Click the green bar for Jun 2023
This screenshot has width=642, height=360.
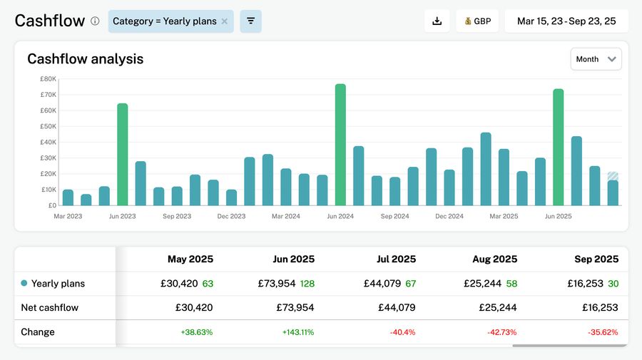pos(123,155)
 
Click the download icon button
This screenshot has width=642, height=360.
pos(437,21)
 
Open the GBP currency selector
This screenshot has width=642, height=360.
pos(477,21)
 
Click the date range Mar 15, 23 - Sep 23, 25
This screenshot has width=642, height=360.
pos(566,21)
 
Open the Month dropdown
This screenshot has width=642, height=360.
pos(596,59)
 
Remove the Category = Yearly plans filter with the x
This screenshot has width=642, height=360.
pos(225,21)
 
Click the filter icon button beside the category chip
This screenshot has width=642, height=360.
pos(250,21)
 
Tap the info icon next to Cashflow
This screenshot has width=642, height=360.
pos(95,21)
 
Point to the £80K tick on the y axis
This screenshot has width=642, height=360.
pos(48,79)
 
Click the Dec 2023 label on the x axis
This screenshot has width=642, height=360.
pos(231,216)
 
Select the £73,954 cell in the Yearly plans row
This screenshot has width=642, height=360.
pos(276,284)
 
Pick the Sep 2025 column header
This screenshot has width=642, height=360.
pos(596,259)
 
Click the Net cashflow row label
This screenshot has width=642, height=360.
pos(50,308)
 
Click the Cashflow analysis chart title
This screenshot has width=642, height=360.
pos(86,59)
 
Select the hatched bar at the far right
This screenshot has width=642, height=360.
pos(613,176)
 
